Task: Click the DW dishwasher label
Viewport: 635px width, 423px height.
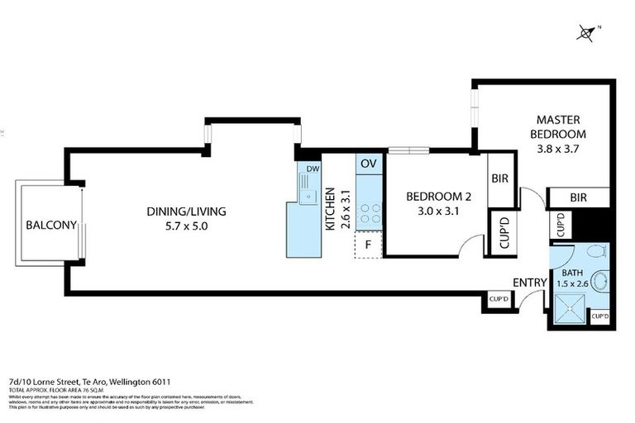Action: (312, 169)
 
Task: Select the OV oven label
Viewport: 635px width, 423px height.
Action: (369, 163)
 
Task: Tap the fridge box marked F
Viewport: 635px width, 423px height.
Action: (368, 245)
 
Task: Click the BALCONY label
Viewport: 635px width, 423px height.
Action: (50, 225)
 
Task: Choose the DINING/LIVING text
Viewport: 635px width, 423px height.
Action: (186, 211)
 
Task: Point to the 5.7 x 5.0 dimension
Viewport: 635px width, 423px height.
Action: (186, 226)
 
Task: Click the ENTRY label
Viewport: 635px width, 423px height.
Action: (529, 283)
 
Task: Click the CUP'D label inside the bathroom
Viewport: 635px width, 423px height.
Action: (600, 316)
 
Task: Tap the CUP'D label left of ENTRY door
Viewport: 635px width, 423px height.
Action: (499, 298)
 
